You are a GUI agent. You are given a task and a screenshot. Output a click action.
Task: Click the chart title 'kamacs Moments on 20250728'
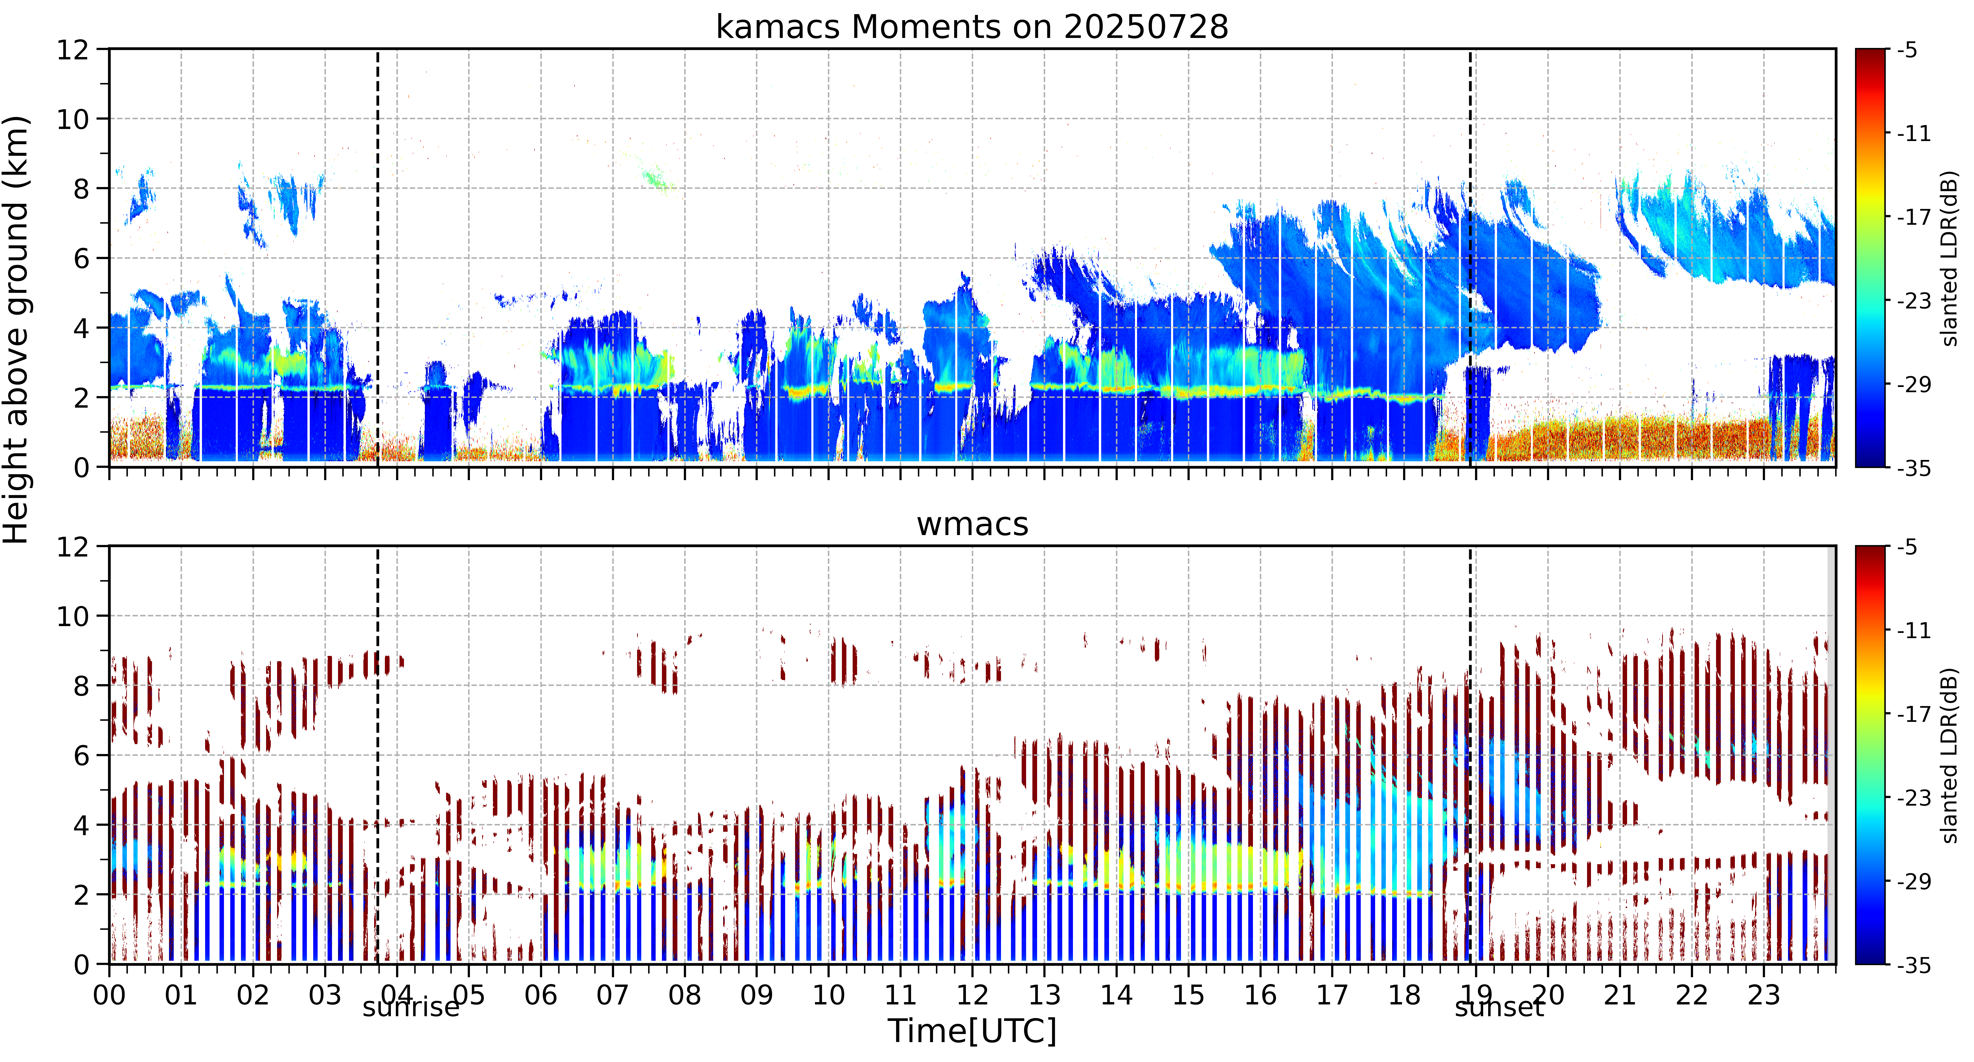coord(972,27)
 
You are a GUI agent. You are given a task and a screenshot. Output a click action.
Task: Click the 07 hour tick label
coord(612,995)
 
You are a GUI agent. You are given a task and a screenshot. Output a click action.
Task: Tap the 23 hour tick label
coord(1763,995)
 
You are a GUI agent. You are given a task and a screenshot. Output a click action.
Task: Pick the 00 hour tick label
coord(110,995)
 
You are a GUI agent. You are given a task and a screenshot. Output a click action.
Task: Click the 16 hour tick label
coord(1260,995)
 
